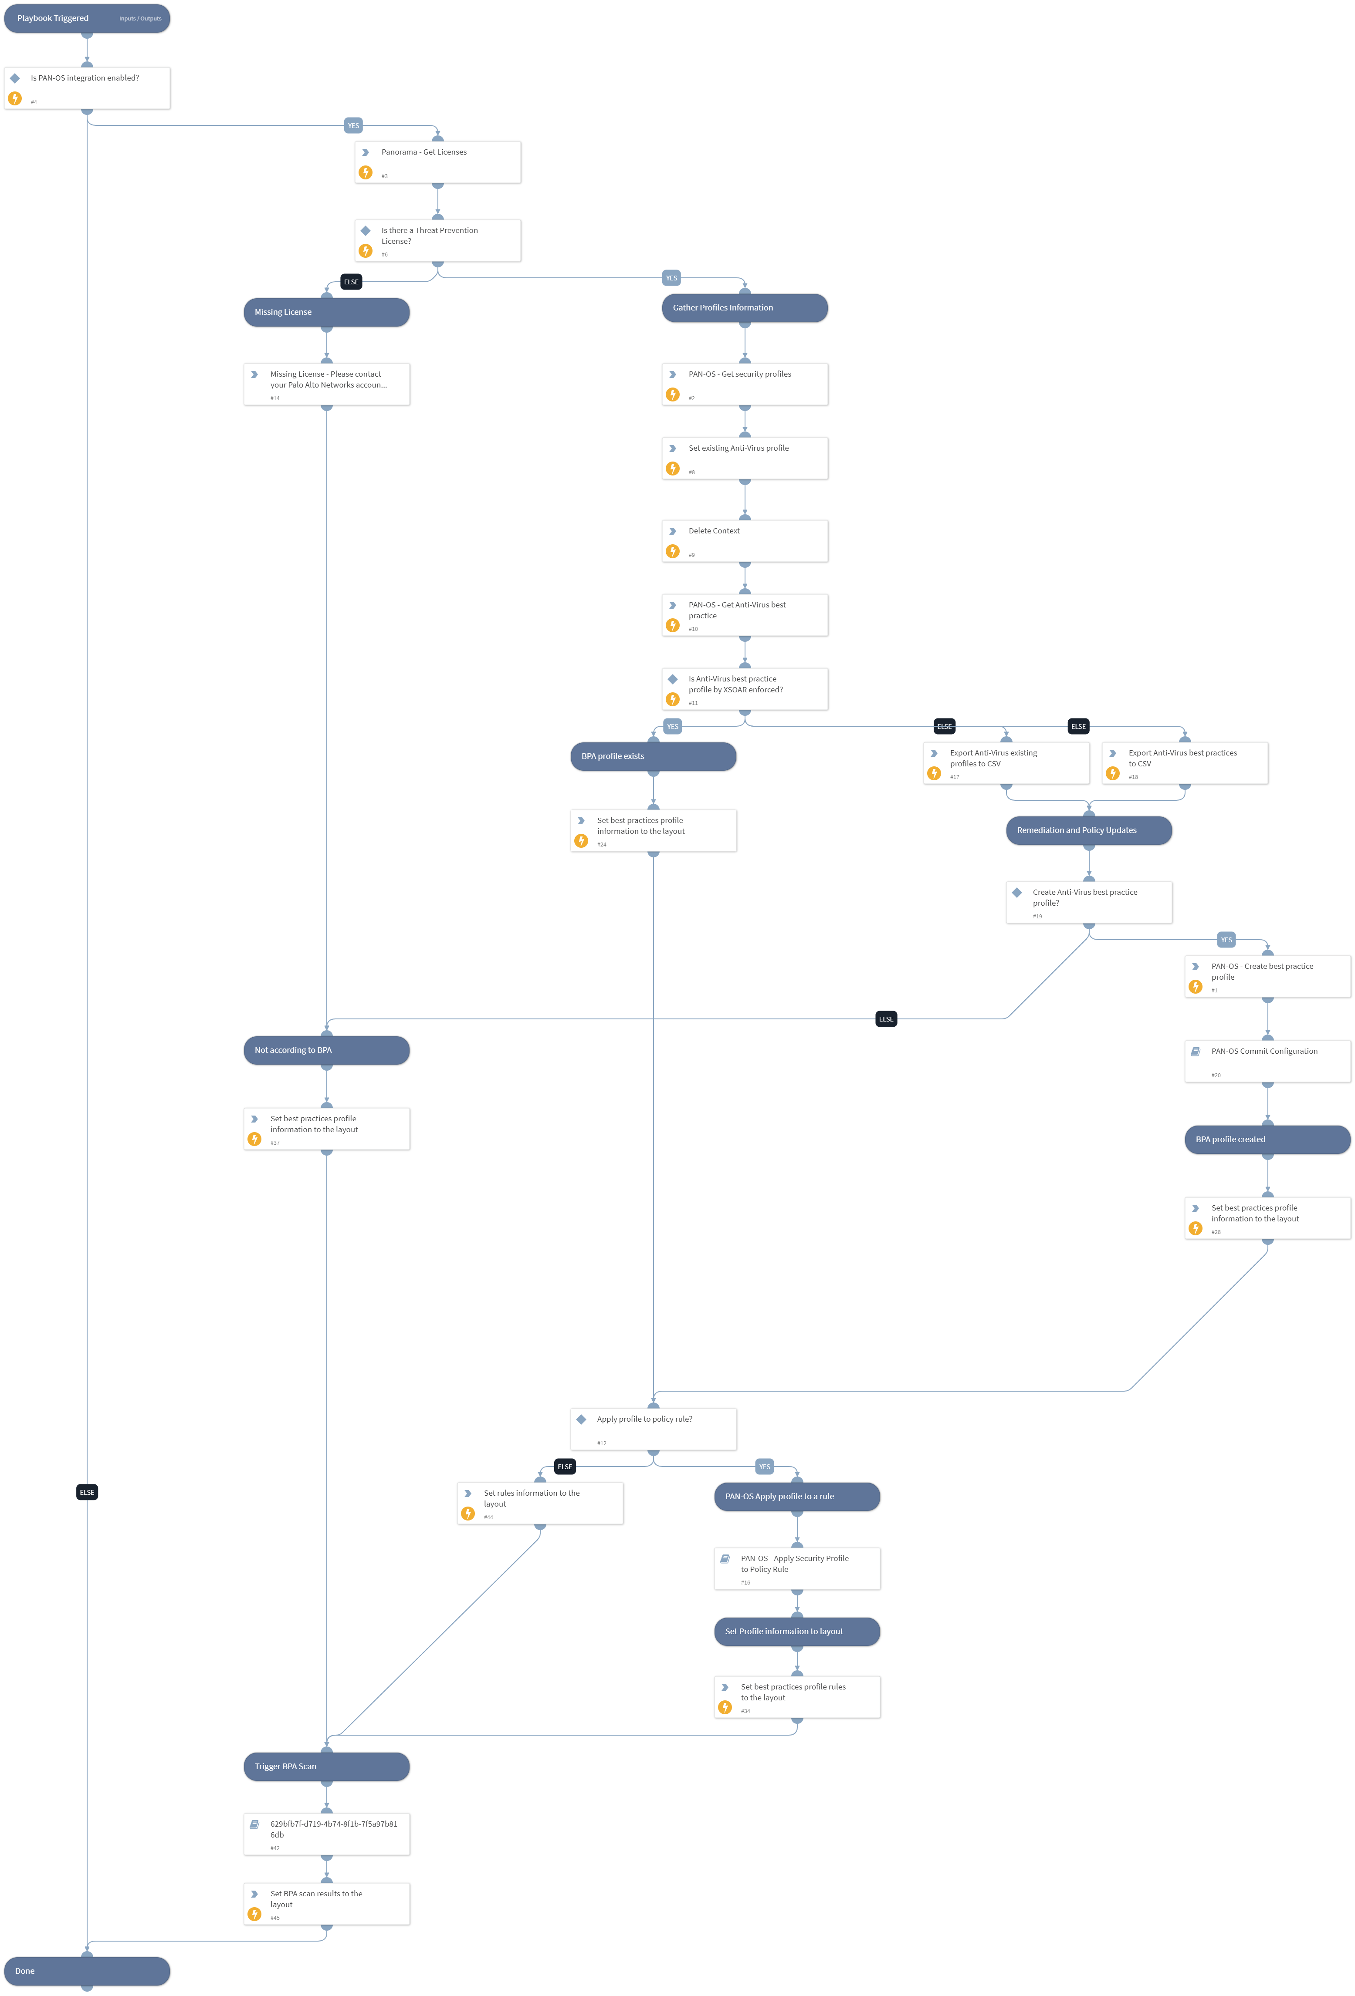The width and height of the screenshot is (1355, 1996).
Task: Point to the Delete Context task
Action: [744, 541]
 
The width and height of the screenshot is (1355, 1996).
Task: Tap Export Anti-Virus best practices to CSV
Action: [1184, 763]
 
